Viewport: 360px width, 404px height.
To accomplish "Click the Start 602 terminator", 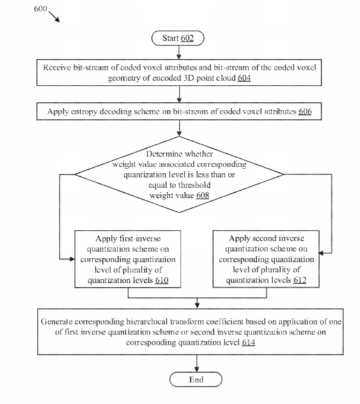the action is [x=178, y=38].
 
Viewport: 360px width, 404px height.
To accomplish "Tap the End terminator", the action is [x=196, y=379].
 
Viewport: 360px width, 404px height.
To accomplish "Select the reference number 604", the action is [x=244, y=78].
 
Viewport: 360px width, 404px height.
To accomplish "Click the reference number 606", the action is [x=305, y=111].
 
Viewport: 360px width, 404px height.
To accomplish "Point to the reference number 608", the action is [x=202, y=195].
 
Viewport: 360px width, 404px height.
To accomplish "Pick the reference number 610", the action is [x=162, y=280].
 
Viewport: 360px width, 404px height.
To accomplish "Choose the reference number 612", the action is [x=300, y=280].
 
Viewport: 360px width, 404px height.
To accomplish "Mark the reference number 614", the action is [x=248, y=343].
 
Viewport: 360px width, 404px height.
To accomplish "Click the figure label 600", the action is [x=40, y=9].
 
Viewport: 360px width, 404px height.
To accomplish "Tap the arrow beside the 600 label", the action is [x=54, y=17].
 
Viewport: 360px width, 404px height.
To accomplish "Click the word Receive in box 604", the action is [x=57, y=68].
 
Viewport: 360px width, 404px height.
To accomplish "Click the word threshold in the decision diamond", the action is [x=194, y=185].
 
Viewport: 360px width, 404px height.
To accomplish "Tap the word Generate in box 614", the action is [x=57, y=322].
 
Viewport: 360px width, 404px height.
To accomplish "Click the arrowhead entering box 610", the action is [x=72, y=259].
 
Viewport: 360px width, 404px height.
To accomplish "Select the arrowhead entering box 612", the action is [x=322, y=253].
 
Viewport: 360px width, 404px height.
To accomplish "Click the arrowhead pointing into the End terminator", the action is [x=197, y=369].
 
